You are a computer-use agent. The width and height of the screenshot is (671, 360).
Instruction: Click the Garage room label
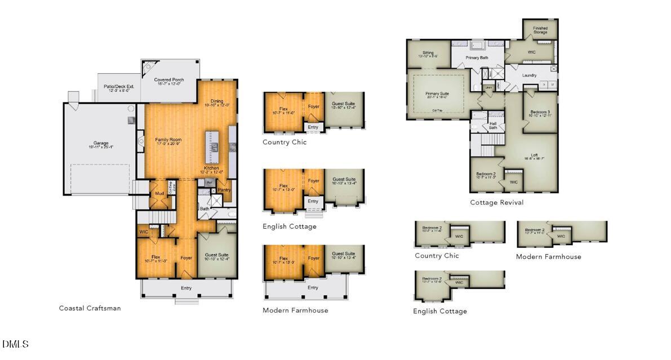pyautogui.click(x=101, y=143)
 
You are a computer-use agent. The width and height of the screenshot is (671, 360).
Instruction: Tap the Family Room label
pyautogui.click(x=168, y=140)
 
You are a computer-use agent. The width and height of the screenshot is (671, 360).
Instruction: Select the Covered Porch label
pyautogui.click(x=169, y=80)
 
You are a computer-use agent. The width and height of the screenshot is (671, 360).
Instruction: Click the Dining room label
pyautogui.click(x=217, y=101)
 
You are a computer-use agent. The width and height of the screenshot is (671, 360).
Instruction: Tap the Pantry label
pyautogui.click(x=224, y=190)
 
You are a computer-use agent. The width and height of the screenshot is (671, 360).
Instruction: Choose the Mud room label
pyautogui.click(x=159, y=194)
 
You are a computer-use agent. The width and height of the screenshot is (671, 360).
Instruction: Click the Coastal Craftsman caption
pyautogui.click(x=90, y=308)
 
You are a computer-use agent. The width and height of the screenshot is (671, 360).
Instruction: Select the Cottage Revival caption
pyautogui.click(x=496, y=202)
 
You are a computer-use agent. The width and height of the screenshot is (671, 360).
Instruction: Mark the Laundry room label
pyautogui.click(x=529, y=75)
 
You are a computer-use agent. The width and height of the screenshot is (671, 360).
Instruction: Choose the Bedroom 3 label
pyautogui.click(x=540, y=112)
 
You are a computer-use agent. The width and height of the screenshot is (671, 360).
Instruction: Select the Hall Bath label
pyautogui.click(x=493, y=126)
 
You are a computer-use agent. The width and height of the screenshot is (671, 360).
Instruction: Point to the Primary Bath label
pyautogui.click(x=477, y=57)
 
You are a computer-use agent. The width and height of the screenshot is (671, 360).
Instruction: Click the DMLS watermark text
pyautogui.click(x=15, y=344)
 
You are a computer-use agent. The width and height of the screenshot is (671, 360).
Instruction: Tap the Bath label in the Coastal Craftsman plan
pyautogui.click(x=204, y=209)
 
